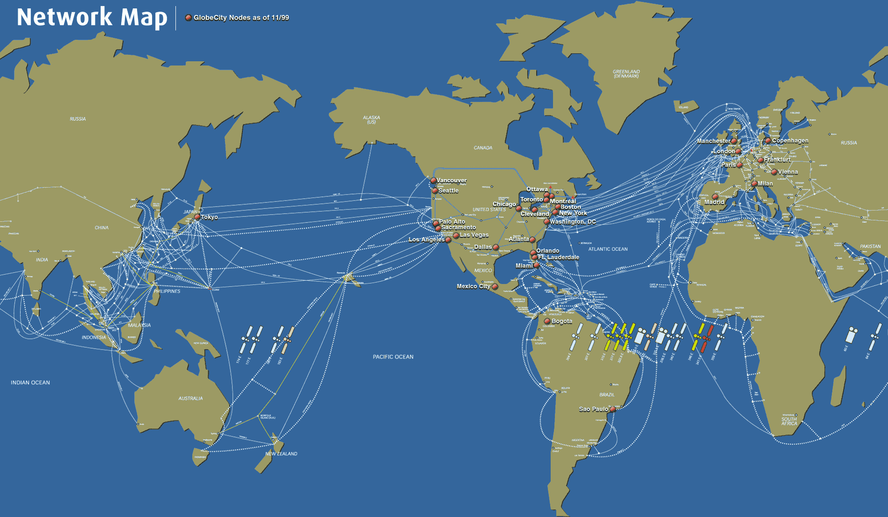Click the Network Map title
coord(92,18)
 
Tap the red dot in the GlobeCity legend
coord(188,18)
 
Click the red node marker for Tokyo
coord(197,217)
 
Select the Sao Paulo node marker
coord(612,409)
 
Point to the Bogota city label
coord(561,321)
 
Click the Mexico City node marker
coord(495,286)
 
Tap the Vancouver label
coord(451,180)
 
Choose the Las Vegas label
coord(474,235)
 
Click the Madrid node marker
coord(715,197)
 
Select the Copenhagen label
coord(790,140)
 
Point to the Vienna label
coord(788,172)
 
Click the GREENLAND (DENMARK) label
coord(626,74)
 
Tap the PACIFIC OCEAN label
coord(393,357)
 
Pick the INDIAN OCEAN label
coord(30,383)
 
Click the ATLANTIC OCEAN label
coord(608,249)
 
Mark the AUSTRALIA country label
coord(190,399)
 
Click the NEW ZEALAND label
coord(281,454)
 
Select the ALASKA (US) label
coord(371,120)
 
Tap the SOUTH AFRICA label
coord(789,422)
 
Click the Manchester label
coord(713,141)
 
